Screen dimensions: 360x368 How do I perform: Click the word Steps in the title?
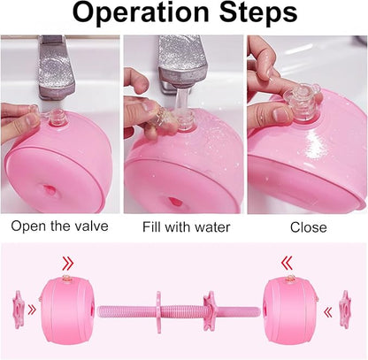[x=257, y=15]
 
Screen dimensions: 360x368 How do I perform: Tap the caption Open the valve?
[x=60, y=226]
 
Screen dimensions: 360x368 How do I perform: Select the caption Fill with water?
[x=186, y=226]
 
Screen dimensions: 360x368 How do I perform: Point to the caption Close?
[x=309, y=226]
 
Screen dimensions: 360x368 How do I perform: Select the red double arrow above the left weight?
[x=67, y=263]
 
